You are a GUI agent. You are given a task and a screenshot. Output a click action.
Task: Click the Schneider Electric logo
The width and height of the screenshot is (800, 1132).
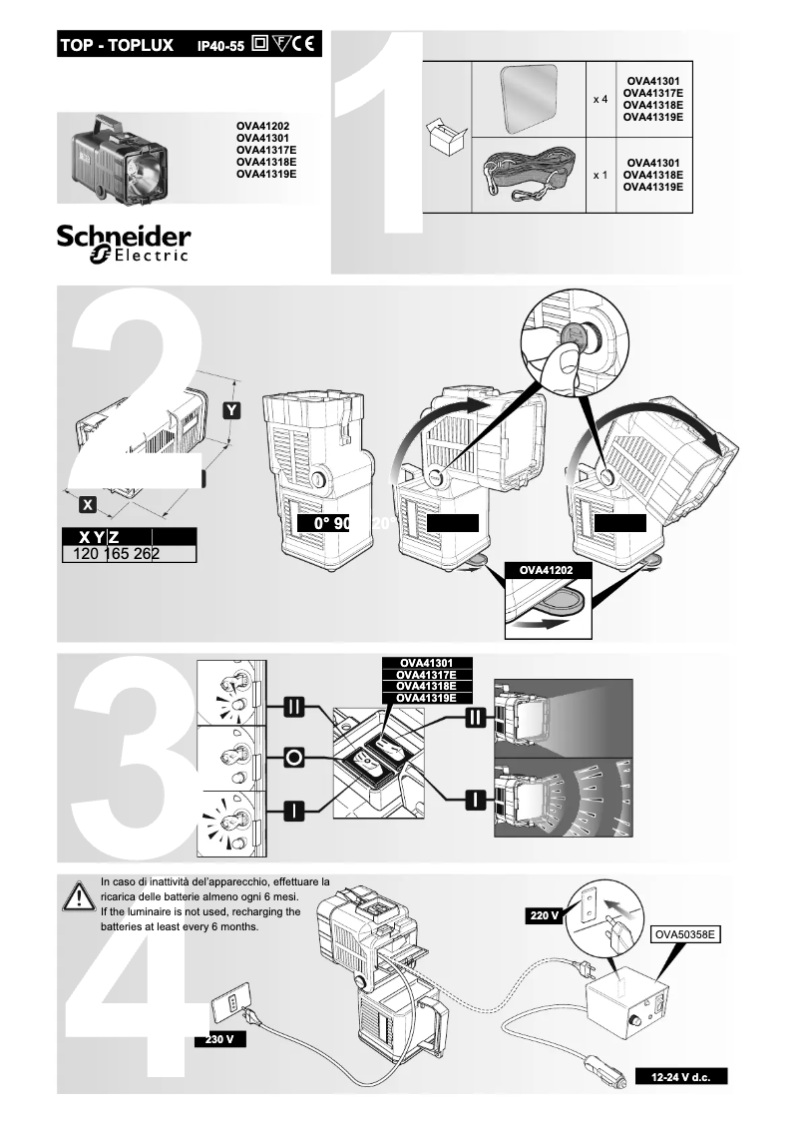(124, 244)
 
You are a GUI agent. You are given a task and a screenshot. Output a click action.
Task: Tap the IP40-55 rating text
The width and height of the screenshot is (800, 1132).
(220, 46)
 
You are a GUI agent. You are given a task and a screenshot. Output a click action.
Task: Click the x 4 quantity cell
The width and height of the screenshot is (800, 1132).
(600, 101)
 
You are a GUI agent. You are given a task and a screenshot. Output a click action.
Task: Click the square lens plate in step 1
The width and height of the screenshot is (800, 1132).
(529, 98)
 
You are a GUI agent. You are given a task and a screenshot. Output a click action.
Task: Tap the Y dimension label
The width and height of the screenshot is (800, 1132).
(230, 410)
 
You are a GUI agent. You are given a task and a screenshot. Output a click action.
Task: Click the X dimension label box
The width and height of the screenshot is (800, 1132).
(88, 504)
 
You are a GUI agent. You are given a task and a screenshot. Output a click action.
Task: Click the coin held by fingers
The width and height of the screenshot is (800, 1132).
(573, 331)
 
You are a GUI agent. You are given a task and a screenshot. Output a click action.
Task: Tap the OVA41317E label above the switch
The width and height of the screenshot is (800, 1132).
(427, 675)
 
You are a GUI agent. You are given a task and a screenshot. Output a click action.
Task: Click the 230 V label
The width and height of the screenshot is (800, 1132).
(219, 1040)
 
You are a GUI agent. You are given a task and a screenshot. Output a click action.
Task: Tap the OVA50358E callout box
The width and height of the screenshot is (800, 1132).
(686, 934)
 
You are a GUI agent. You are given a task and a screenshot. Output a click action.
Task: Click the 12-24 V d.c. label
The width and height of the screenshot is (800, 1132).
(681, 1077)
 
